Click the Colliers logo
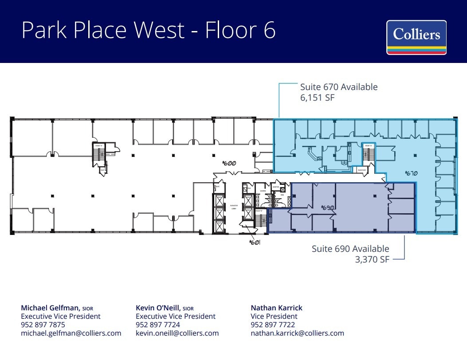(x=416, y=37)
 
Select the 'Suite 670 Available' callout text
(x=339, y=87)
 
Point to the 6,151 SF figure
(x=317, y=98)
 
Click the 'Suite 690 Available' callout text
(x=350, y=249)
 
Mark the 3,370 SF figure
(x=372, y=260)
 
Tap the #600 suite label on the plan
(x=229, y=163)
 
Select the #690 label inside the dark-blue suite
(x=327, y=207)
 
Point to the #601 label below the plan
(x=254, y=243)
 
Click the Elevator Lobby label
(x=234, y=207)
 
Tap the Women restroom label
(x=263, y=191)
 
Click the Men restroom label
(x=282, y=194)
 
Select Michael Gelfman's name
(x=51, y=308)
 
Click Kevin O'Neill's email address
(x=177, y=333)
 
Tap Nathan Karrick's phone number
(x=273, y=325)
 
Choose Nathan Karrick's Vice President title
(x=274, y=316)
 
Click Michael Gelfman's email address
(x=71, y=333)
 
